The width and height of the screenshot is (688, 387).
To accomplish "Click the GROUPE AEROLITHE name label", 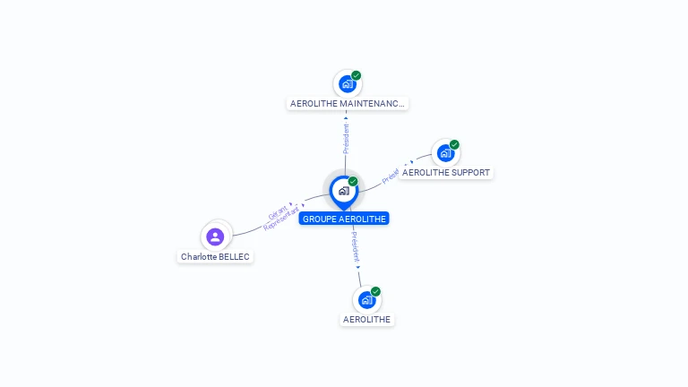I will coord(344,219).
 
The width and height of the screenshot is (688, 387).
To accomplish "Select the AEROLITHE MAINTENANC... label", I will coord(348,104).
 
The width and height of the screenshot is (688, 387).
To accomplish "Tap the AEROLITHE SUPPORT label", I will coord(446,172).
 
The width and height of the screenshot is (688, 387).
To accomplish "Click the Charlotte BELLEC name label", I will coord(215,256).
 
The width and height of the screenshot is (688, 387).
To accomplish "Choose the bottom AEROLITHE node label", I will coord(367,319).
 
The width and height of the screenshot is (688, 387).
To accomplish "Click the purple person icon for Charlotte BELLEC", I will coord(215,236).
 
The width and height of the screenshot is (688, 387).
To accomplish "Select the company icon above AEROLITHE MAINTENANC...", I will coord(347,85).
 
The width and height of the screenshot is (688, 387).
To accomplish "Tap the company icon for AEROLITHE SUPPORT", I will coord(444,153).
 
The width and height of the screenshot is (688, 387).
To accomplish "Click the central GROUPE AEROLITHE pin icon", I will coord(343,191).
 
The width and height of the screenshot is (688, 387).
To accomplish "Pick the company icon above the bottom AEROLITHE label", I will coord(366,300).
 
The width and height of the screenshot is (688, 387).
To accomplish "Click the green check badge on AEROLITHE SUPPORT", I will coord(454,145).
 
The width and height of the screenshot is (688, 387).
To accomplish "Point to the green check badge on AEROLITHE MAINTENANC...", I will coord(356,76).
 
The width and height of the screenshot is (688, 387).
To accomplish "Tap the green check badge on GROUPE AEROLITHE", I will coord(353,182).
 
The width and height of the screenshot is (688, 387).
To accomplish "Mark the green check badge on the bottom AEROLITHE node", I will coord(375,291).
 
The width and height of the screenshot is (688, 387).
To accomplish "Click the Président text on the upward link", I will coord(346,138).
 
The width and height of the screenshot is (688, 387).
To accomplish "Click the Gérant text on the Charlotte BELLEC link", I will coord(277,213).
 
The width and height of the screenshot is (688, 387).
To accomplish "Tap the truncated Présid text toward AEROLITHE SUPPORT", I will coord(391,176).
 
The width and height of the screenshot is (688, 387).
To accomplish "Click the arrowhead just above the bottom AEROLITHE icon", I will coord(358,267).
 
